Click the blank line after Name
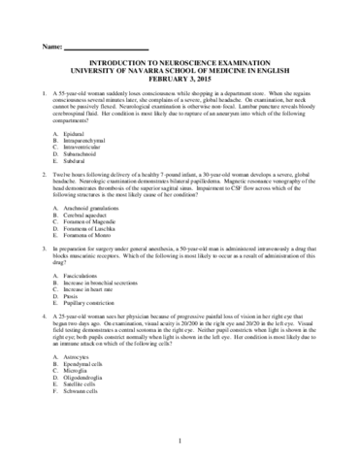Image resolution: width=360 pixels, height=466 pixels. [106, 50]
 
